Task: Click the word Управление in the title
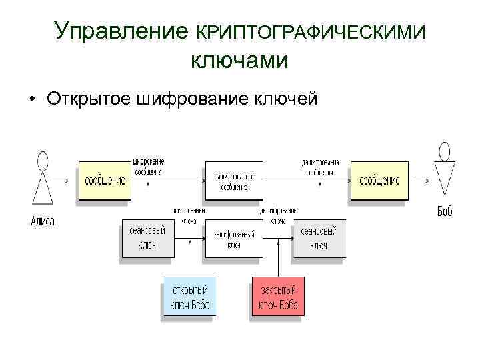point(122,31)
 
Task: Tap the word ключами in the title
point(239,61)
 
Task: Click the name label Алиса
point(43,221)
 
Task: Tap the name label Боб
point(445,211)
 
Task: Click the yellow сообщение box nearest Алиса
point(104,181)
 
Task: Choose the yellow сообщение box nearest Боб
point(379,181)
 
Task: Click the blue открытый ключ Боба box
point(190,298)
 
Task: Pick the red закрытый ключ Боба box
point(278,297)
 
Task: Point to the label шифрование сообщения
point(149,167)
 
